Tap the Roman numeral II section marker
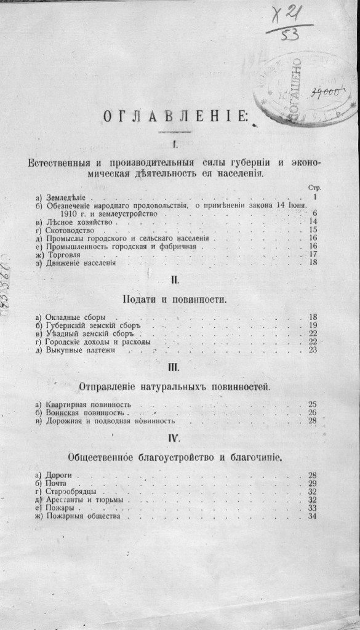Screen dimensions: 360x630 tap(175, 280)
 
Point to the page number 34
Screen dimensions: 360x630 tap(312, 516)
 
